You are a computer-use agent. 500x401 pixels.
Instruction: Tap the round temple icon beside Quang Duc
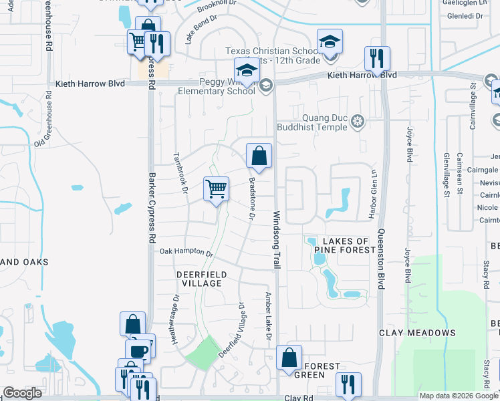coord(358,121)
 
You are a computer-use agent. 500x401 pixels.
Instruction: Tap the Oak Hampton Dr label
coord(186,253)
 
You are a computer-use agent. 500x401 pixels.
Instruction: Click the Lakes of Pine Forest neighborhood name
coord(345,245)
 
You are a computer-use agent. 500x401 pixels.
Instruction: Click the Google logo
coord(23,393)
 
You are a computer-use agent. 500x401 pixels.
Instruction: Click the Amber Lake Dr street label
coord(268,315)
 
